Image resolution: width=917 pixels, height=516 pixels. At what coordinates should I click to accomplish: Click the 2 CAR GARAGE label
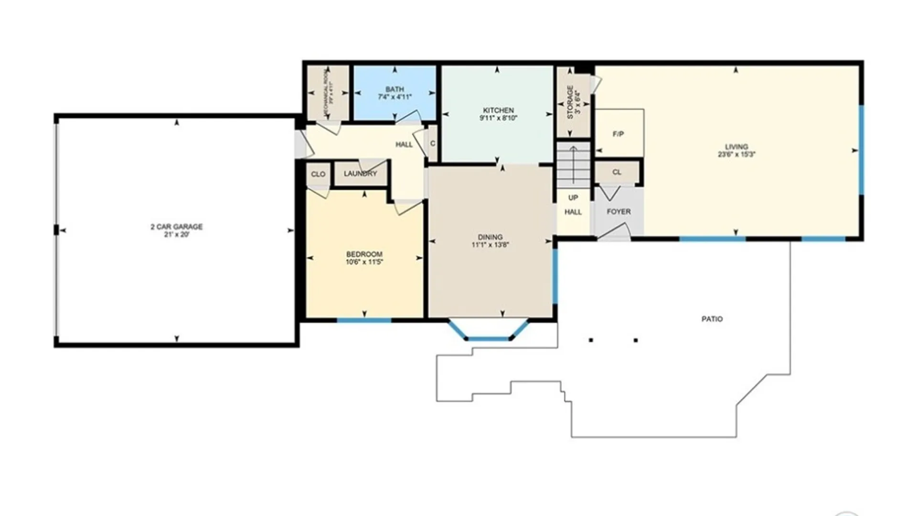click(x=177, y=226)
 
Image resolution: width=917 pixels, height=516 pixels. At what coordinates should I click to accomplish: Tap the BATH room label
click(x=395, y=89)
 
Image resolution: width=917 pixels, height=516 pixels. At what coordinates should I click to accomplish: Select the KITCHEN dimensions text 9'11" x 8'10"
click(x=498, y=118)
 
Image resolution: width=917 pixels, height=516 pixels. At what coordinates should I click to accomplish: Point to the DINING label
click(x=490, y=237)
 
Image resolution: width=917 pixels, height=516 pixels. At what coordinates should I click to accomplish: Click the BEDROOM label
click(x=364, y=254)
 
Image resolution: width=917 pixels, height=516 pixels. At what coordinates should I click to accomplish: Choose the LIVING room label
click(x=736, y=147)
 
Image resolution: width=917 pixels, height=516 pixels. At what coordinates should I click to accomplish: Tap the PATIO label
click(x=712, y=319)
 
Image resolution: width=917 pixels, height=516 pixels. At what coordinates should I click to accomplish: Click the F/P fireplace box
click(x=618, y=133)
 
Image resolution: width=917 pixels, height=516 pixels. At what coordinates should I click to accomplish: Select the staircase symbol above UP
click(x=573, y=165)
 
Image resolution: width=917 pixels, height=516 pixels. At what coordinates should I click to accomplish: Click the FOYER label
click(x=618, y=211)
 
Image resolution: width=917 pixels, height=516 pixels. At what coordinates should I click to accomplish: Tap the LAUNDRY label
click(x=360, y=174)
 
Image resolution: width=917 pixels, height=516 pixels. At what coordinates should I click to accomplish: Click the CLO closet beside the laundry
click(x=318, y=174)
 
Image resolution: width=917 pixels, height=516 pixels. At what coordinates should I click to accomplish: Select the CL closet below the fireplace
click(x=617, y=172)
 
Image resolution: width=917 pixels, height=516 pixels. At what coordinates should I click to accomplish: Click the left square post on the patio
click(x=591, y=340)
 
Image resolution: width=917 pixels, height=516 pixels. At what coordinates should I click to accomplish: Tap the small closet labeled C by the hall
click(x=432, y=143)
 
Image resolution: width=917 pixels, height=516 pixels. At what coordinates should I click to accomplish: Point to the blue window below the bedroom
click(x=364, y=320)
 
